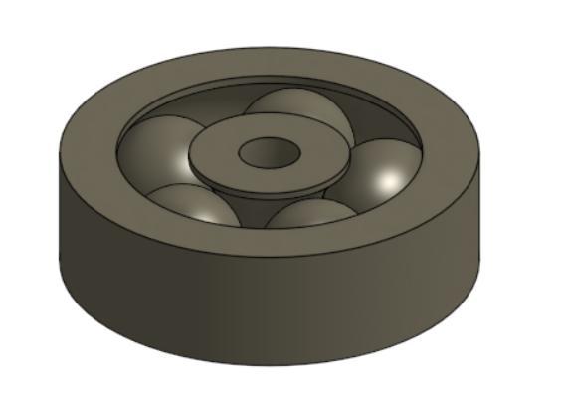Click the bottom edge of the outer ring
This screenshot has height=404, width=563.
tap(269, 364)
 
